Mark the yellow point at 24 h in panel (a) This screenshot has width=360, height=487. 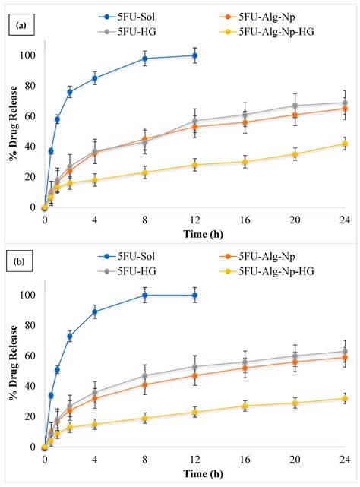pyautogui.click(x=344, y=144)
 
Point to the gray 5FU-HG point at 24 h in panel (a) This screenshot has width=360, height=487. pyautogui.click(x=344, y=103)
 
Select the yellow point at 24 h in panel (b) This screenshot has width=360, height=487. pyautogui.click(x=344, y=398)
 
